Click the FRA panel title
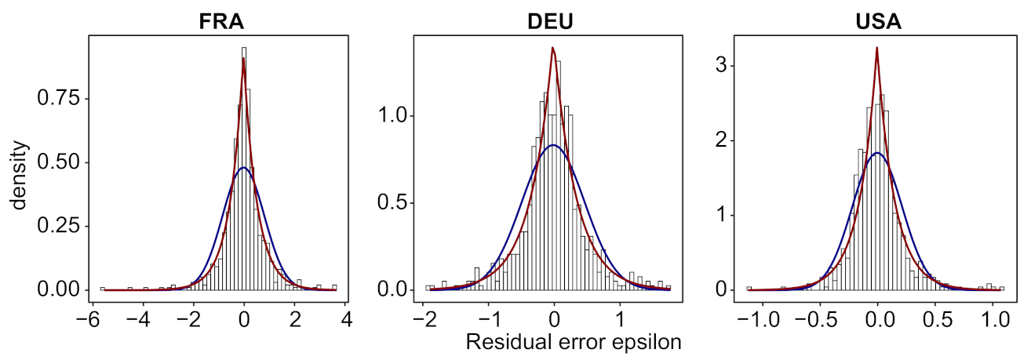point(221,21)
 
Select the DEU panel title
point(549,21)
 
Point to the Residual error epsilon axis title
point(572,343)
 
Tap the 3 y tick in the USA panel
point(727,67)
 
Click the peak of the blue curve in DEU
point(554,145)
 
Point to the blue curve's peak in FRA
point(243,168)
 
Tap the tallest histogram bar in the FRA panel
point(244,49)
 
